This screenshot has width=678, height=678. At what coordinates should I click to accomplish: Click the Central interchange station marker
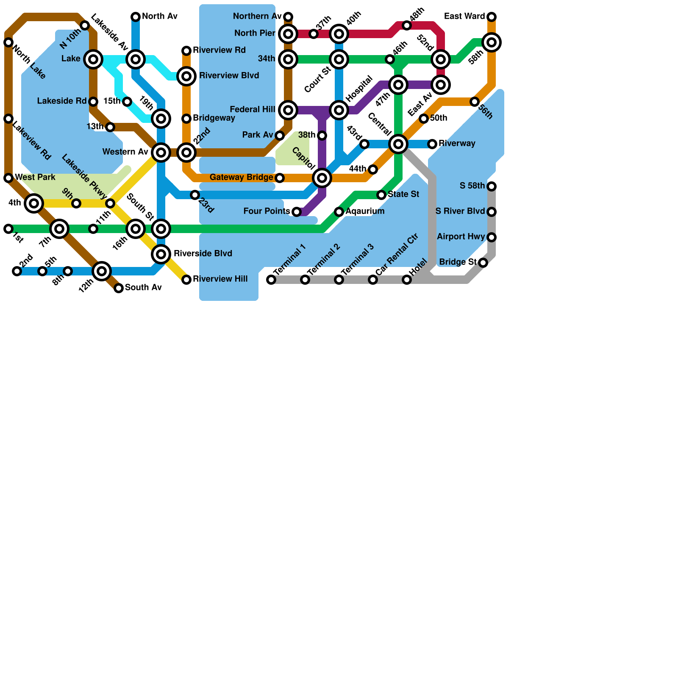pyautogui.click(x=398, y=144)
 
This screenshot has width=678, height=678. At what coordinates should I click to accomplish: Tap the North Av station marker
pyautogui.click(x=136, y=17)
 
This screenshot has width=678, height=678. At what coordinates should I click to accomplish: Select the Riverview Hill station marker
pyautogui.click(x=186, y=280)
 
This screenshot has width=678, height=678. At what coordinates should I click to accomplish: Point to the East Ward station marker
pyautogui.click(x=492, y=17)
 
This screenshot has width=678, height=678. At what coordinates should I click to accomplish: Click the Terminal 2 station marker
pyautogui.click(x=305, y=280)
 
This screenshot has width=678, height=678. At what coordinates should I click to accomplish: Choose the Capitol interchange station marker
pyautogui.click(x=322, y=178)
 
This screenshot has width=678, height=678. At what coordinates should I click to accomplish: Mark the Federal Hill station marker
pyautogui.click(x=288, y=110)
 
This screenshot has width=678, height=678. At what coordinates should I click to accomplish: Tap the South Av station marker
pyautogui.click(x=119, y=288)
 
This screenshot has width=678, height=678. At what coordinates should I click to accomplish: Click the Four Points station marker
pyautogui.click(x=297, y=212)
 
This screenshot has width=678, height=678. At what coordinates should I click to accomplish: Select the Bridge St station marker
pyautogui.click(x=483, y=263)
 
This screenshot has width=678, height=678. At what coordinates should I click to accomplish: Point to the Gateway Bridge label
pyautogui.click(x=241, y=178)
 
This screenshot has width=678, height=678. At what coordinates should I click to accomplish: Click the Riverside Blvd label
pyautogui.click(x=203, y=254)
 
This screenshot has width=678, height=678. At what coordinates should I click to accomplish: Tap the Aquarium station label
pyautogui.click(x=365, y=211)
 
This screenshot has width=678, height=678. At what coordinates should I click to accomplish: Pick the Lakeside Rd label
pyautogui.click(x=62, y=101)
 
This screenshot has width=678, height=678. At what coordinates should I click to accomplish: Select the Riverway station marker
pyautogui.click(x=432, y=144)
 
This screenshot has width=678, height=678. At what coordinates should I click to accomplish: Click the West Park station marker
pyautogui.click(x=8, y=178)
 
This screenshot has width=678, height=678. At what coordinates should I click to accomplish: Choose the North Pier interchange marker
pyautogui.click(x=288, y=34)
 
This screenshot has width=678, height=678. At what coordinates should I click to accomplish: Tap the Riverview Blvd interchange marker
pyautogui.click(x=186, y=76)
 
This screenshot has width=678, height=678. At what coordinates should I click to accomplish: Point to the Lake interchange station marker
pyautogui.click(x=93, y=59)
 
